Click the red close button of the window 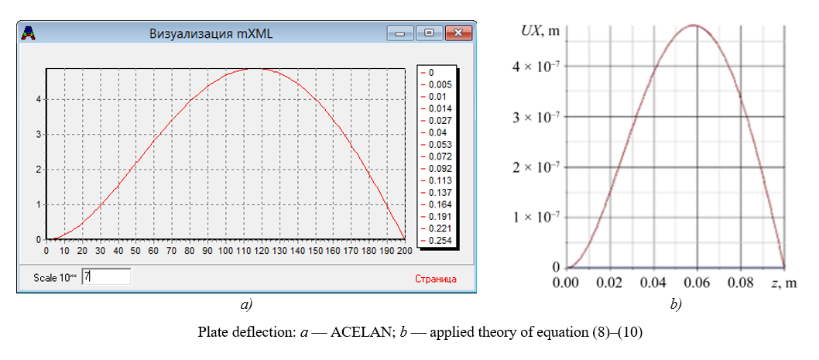[x=459, y=33]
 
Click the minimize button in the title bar [x=401, y=33]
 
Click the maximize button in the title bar [x=427, y=33]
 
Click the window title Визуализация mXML [x=211, y=33]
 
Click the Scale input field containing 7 [x=106, y=276]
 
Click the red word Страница [x=436, y=278]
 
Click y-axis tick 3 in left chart [x=38, y=135]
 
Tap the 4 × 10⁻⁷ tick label [x=537, y=67]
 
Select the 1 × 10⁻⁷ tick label [x=537, y=217]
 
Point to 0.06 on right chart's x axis [x=698, y=283]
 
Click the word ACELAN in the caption [x=355, y=333]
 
